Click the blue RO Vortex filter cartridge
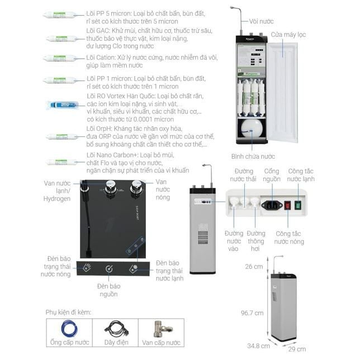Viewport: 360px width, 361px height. [x=63, y=104]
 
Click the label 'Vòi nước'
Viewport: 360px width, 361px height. [x=262, y=21]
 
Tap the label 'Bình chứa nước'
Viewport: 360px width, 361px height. [x=253, y=156]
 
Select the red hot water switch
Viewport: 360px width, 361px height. [x=287, y=205]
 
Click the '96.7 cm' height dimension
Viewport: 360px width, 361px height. [x=252, y=313]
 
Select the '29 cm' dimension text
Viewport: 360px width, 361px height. [x=297, y=349]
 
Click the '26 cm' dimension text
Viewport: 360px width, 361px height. [x=254, y=267]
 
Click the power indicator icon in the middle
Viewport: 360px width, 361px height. [x=110, y=268]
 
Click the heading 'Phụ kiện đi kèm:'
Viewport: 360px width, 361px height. [x=69, y=312]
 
